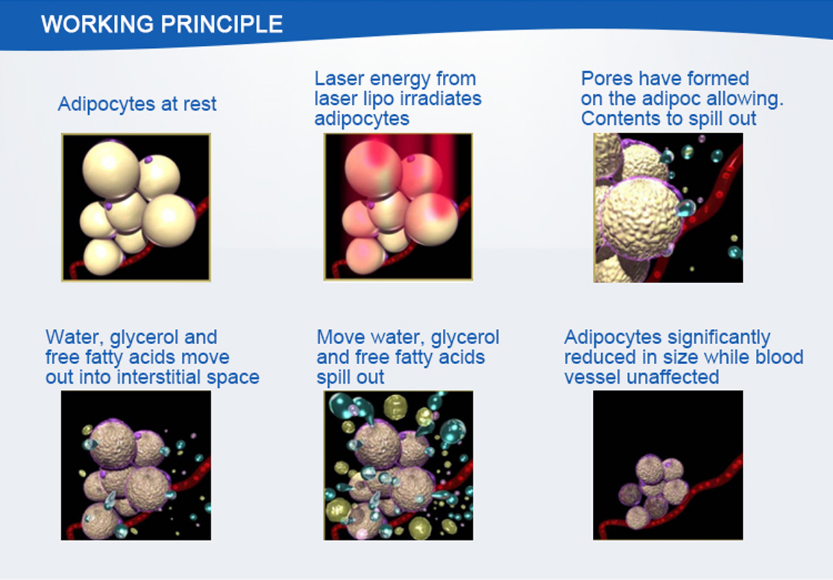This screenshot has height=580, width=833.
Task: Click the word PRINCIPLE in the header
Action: click(221, 24)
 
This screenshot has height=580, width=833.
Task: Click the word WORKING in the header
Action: click(97, 24)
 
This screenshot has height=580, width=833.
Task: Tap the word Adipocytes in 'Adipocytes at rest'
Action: click(106, 104)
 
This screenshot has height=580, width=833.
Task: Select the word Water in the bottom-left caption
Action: click(74, 338)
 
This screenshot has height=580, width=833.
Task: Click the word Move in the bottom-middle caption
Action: click(341, 337)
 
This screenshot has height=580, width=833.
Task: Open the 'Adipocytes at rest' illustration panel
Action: click(136, 207)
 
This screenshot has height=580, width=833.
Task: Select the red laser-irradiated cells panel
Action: click(398, 207)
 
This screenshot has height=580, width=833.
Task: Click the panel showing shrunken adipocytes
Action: click(668, 466)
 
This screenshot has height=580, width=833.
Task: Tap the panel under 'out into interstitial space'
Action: click(136, 466)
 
